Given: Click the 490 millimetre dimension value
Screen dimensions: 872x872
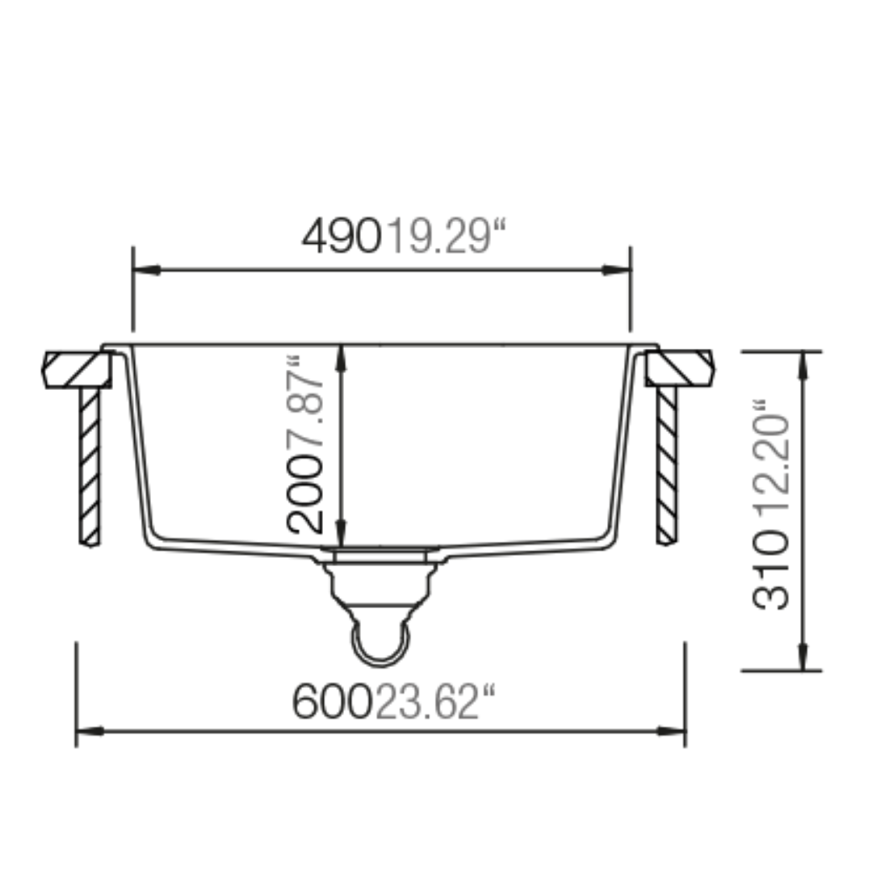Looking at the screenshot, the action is click(342, 236).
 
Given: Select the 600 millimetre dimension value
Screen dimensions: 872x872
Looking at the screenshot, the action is click(331, 702).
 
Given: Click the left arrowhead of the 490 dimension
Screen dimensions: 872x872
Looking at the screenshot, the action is click(147, 270).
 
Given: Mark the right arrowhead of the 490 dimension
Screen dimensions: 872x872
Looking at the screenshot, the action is click(617, 270).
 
